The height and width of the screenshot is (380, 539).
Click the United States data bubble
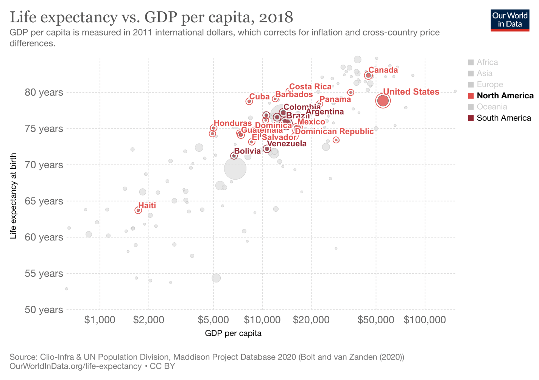383,101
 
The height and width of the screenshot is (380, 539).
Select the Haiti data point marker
138,210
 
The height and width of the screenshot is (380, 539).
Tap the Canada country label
383,70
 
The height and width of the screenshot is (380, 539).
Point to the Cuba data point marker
249,101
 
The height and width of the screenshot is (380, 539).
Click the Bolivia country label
247,151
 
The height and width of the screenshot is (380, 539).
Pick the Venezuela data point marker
266,149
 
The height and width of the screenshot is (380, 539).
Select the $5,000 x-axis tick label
213,320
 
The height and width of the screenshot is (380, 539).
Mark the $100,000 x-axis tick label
425,320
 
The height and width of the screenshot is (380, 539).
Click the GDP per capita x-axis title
233,333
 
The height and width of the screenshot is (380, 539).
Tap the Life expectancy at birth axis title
14,196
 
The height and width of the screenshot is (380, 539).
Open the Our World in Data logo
509,20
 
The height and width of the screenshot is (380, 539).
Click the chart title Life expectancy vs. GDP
151,17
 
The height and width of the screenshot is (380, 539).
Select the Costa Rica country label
310,87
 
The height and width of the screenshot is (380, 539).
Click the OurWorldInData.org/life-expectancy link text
75,366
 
